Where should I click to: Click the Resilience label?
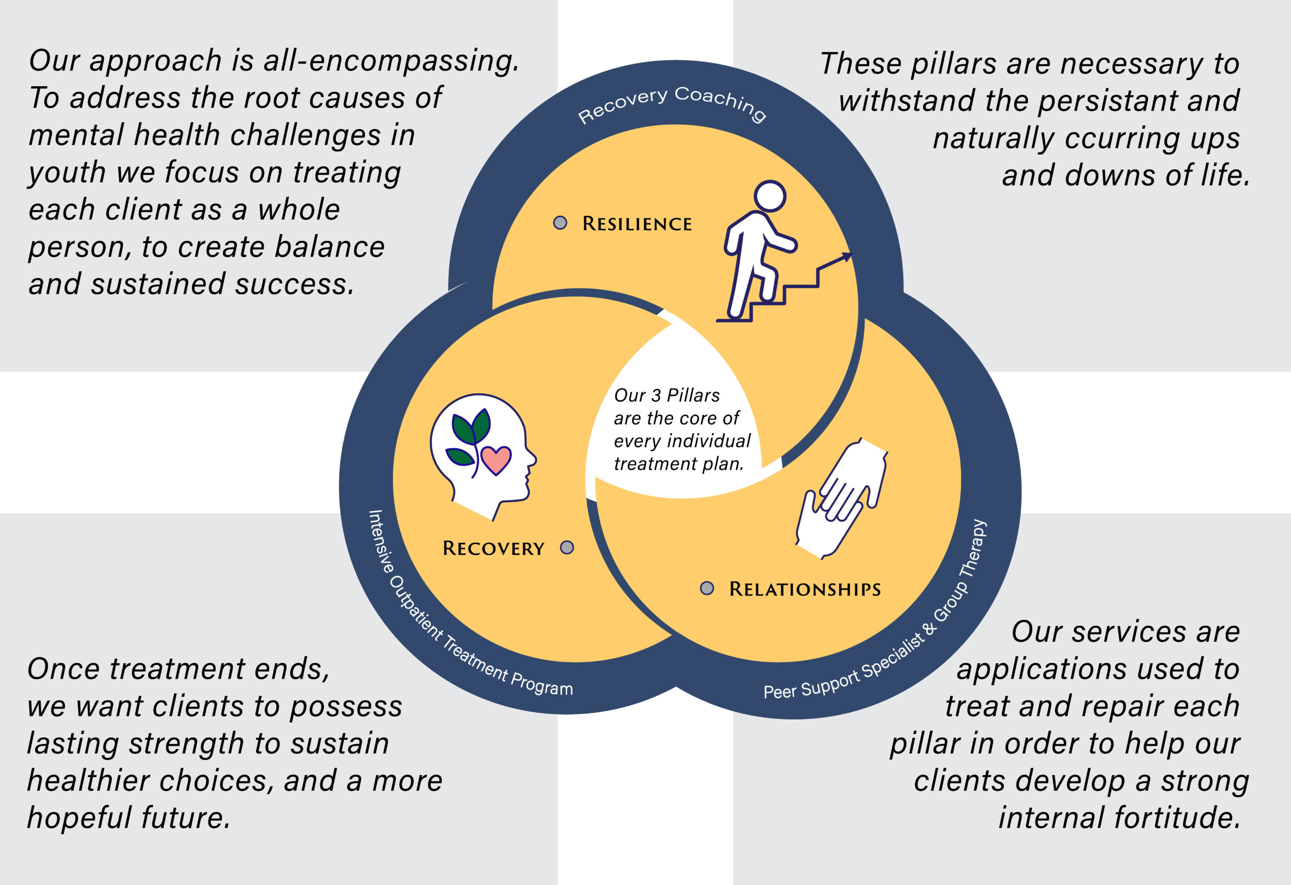636,224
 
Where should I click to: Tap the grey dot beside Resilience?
560,223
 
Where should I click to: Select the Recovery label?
493,549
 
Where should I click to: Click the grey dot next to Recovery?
567,547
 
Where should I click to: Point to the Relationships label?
804,589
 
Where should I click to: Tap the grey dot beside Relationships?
707,588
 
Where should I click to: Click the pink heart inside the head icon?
496,459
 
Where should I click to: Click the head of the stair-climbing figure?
770,196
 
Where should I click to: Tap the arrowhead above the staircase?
846,256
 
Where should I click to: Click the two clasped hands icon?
840,497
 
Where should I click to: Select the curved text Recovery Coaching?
672,103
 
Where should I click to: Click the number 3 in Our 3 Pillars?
656,395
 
